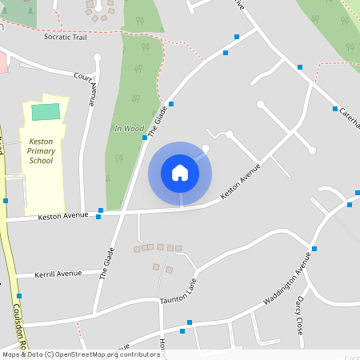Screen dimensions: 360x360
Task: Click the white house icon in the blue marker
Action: pyautogui.click(x=180, y=173)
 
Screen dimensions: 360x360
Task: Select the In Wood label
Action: pyautogui.click(x=128, y=128)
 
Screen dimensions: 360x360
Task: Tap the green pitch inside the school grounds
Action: pyautogui.click(x=46, y=111)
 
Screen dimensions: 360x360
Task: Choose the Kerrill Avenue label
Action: pyautogui.click(x=58, y=274)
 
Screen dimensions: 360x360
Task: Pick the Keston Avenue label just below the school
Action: pyautogui.click(x=62, y=216)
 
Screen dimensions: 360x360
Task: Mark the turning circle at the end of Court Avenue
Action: pyautogui.click(x=97, y=57)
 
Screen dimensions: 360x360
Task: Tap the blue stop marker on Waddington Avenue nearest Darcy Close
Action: pyautogui.click(x=314, y=249)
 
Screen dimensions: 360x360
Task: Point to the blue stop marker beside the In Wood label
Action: pyautogui.click(x=145, y=138)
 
